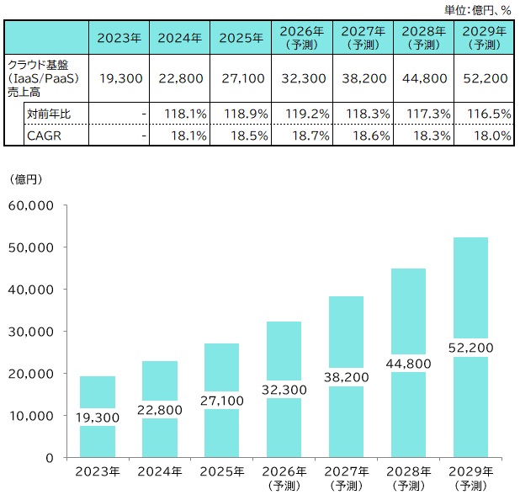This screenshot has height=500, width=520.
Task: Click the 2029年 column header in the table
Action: coord(483,37)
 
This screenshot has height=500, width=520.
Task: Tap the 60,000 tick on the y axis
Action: coord(31,205)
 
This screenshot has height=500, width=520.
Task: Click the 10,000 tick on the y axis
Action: coord(31,416)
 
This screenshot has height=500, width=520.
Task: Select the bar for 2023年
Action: coord(98,417)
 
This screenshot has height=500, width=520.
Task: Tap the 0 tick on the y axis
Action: coord(50,458)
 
